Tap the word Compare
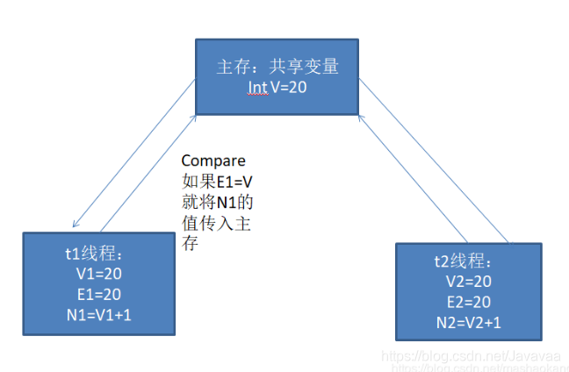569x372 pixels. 213,161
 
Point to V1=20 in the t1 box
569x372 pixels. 97,273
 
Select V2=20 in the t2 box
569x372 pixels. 469,282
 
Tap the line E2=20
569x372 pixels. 469,301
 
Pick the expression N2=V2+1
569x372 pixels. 470,321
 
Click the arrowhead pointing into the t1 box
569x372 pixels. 76,227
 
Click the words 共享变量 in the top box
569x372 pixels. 301,68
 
